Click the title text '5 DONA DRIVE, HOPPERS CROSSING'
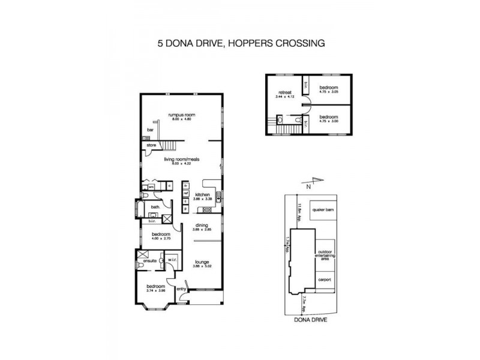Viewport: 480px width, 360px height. pos(240,43)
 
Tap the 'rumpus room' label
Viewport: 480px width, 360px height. pos(181,115)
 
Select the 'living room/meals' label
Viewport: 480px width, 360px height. pos(181,159)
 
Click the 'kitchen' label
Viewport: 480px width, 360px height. pos(202,194)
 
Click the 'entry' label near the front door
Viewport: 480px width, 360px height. pos(181,290)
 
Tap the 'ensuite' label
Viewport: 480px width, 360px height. pos(150,260)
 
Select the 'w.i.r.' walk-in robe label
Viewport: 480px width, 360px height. pos(171,260)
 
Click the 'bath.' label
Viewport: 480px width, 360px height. pos(154,207)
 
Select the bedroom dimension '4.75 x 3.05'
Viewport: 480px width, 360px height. pos(328,91)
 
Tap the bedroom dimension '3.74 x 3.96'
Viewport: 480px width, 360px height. pos(155,290)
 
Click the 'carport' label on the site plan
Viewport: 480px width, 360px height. pos(325,280)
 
